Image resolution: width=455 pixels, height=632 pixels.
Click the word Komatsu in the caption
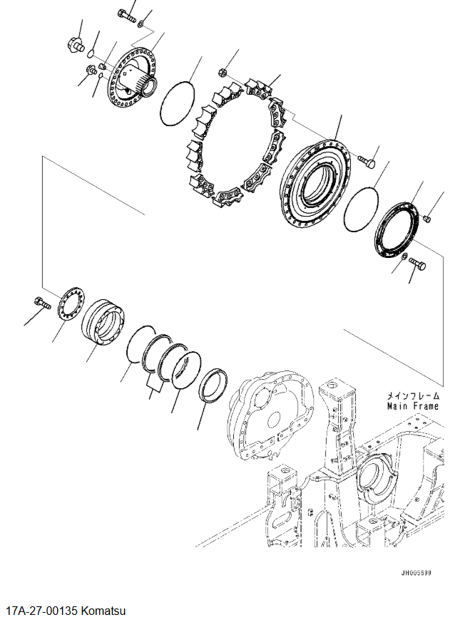[x=103, y=611]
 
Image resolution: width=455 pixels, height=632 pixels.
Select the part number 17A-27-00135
[x=42, y=611]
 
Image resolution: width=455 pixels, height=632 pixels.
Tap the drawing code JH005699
[x=416, y=573]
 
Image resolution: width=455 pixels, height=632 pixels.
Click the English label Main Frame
[x=413, y=406]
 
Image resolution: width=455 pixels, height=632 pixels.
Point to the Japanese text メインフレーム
[x=414, y=396]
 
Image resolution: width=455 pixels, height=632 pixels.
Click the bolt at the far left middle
[x=43, y=303]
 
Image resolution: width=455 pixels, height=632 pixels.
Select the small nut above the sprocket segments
[x=222, y=73]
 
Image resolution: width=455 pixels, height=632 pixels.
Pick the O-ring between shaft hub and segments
[x=178, y=103]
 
